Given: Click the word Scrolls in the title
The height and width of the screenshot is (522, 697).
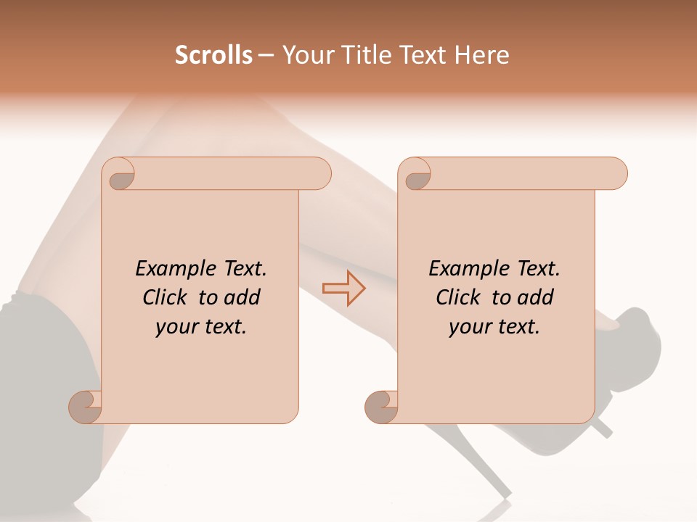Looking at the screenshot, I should point(213,55).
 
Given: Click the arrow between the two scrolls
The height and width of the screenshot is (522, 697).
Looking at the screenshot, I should point(343,289).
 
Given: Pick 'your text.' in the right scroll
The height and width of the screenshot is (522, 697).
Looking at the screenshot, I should point(494,327).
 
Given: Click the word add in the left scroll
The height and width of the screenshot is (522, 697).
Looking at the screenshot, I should point(242,297).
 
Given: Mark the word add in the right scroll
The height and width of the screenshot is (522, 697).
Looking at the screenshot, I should point(535,297).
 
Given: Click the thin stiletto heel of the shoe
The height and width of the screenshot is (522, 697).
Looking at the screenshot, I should point(602,428).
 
